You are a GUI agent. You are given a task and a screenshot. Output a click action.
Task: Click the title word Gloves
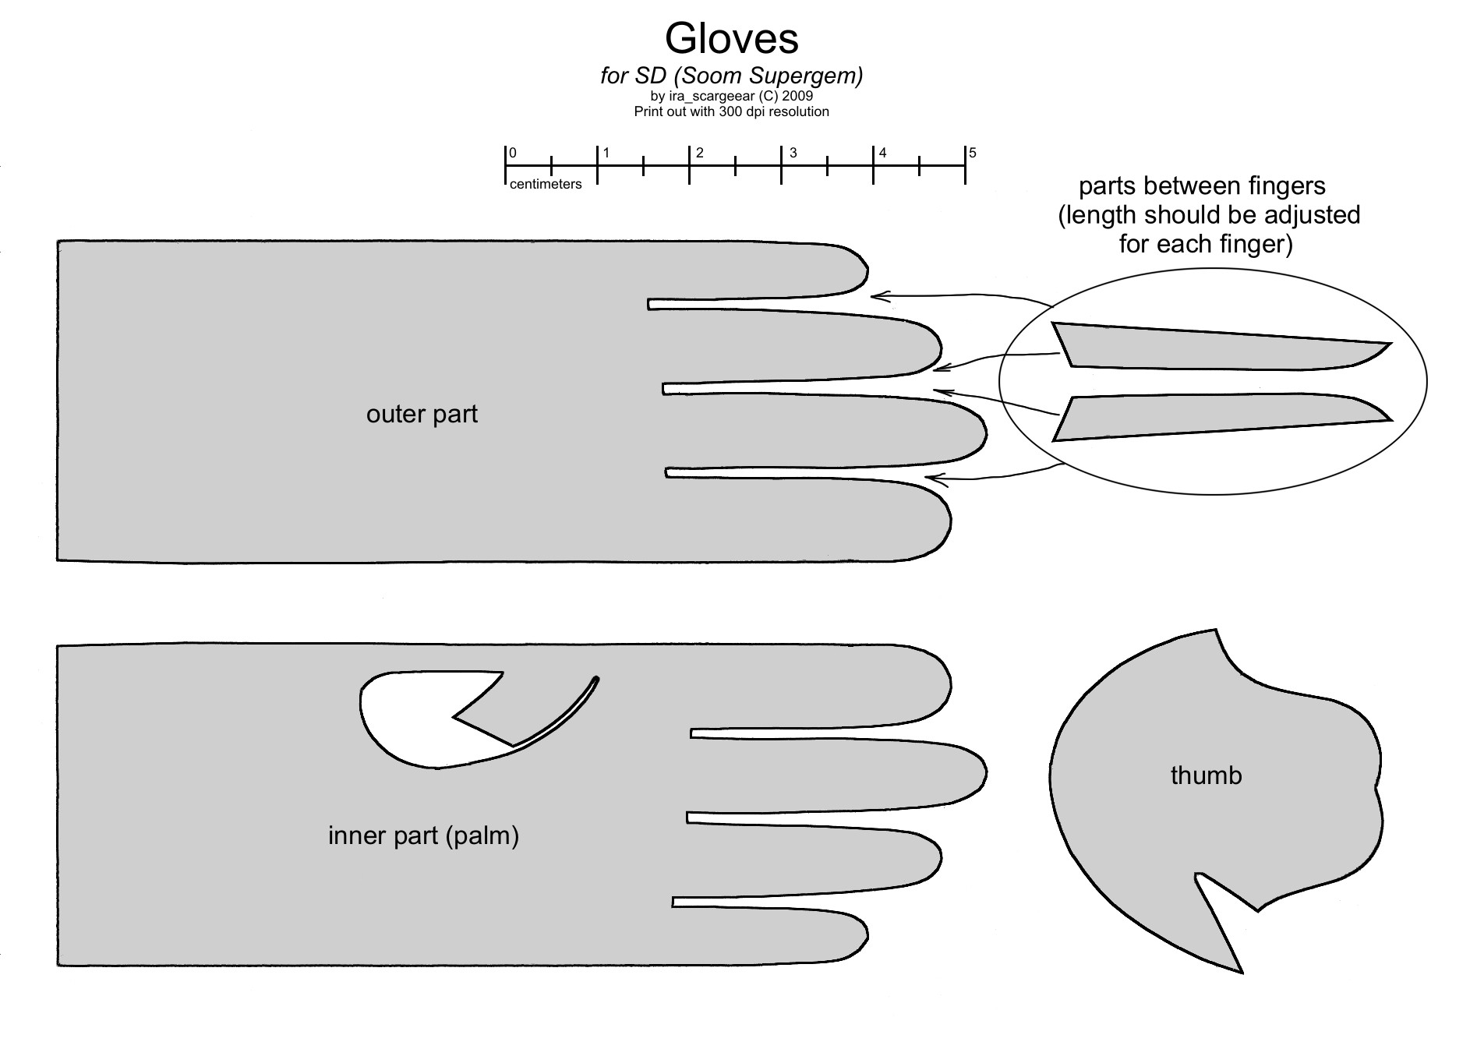731,39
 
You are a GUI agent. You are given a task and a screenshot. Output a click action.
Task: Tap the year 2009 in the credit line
798,96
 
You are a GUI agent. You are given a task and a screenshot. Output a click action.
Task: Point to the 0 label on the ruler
513,154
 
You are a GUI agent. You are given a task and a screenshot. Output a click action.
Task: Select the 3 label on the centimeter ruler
793,153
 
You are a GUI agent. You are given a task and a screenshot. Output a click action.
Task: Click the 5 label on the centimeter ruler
973,153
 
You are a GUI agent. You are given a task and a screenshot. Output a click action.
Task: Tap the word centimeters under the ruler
546,185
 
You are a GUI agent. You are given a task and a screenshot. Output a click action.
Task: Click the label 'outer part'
422,414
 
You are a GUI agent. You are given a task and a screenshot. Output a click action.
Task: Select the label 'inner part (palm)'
423,835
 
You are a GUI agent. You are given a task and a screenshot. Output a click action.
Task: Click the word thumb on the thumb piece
1206,775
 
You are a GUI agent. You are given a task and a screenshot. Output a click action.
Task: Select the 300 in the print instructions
719,111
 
